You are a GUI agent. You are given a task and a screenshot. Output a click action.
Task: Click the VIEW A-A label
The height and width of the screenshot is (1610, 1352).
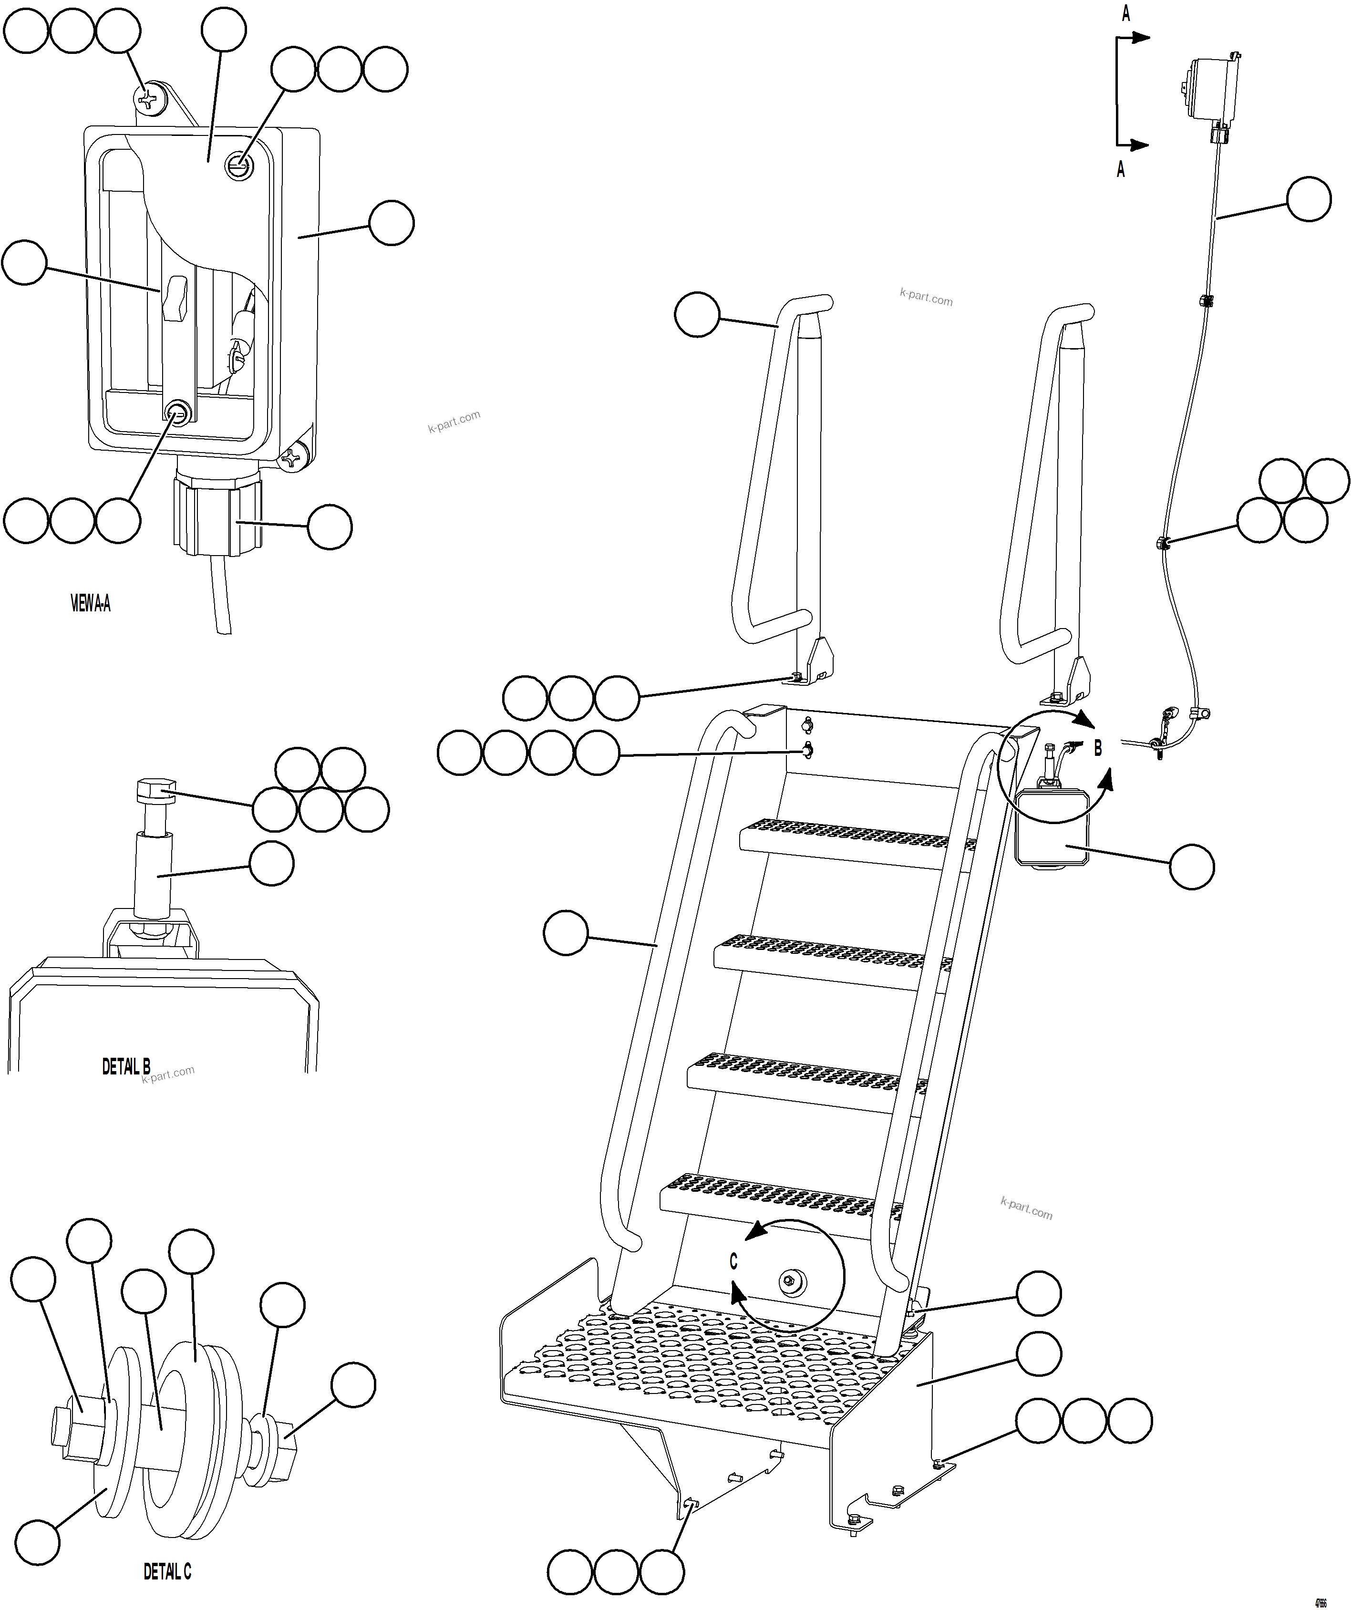pyautogui.click(x=91, y=604)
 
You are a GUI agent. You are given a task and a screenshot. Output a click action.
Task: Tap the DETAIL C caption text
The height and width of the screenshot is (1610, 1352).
pyautogui.click(x=167, y=1572)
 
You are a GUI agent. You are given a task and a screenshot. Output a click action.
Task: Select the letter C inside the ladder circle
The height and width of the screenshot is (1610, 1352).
pyautogui.click(x=733, y=1261)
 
